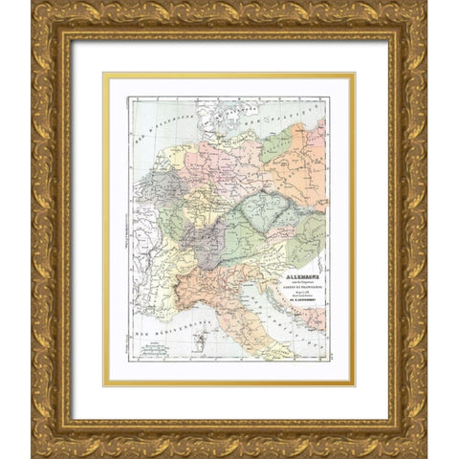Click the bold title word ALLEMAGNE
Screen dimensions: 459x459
click(289, 258)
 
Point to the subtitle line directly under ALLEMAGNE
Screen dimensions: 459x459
click(289, 265)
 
